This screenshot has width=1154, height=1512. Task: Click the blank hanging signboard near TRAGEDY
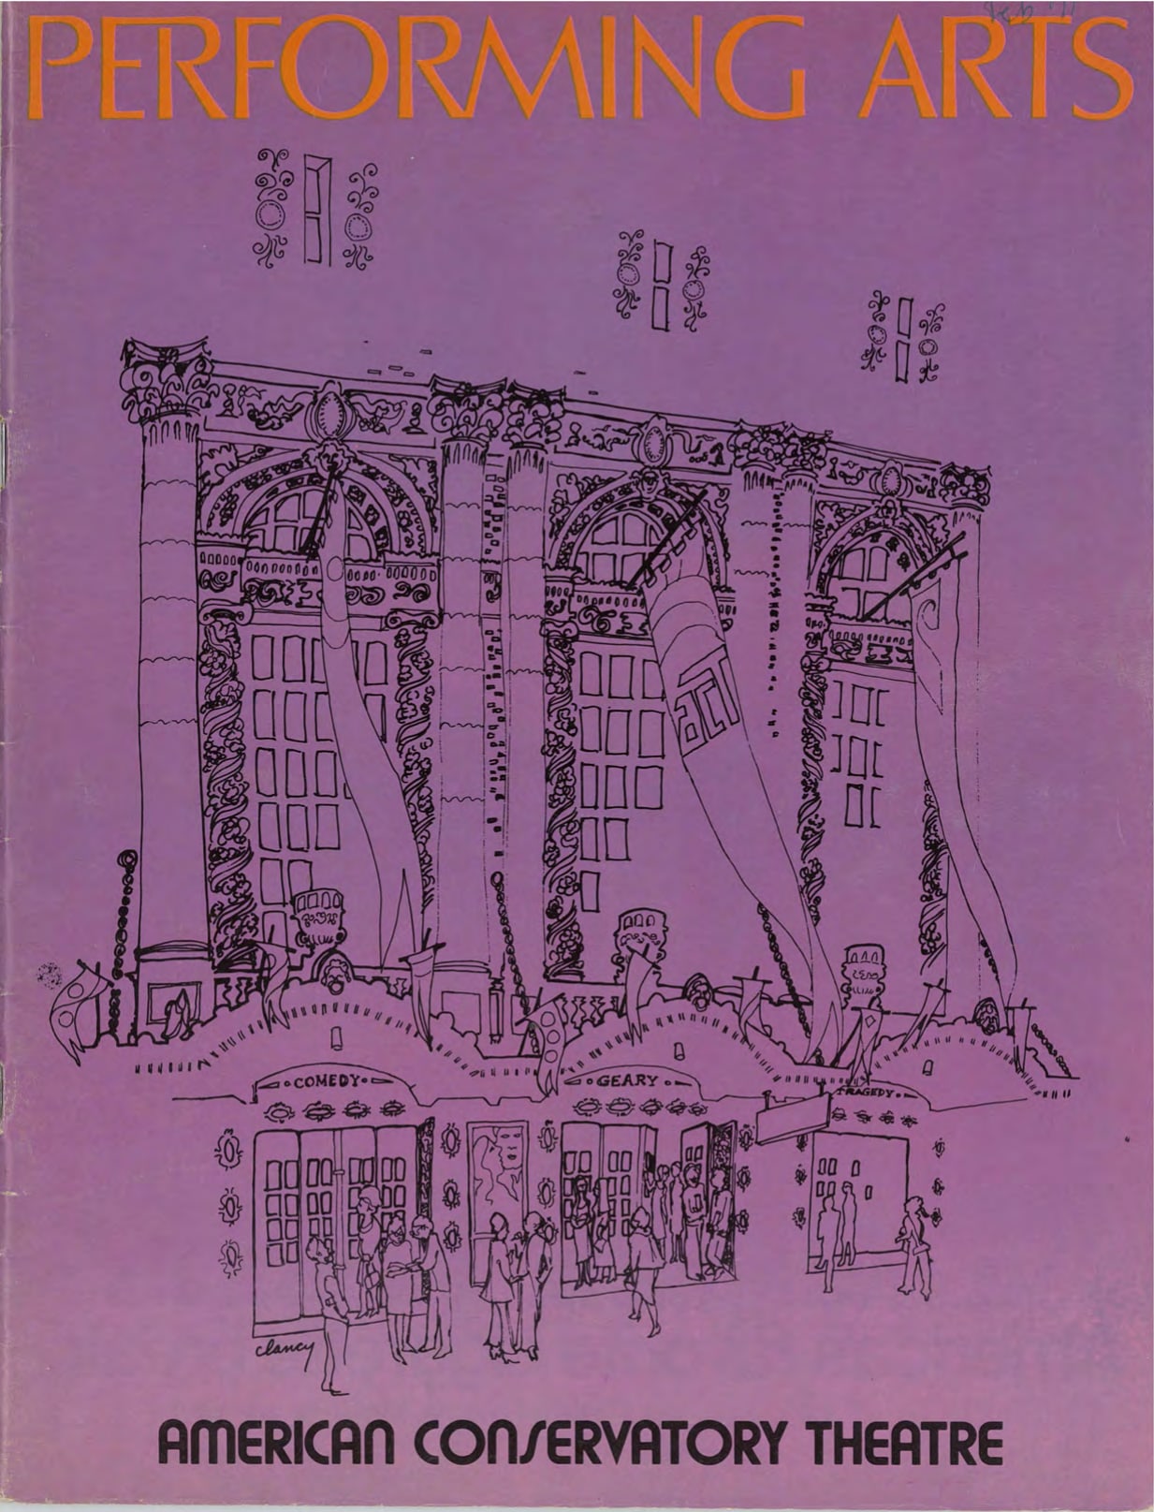tap(793, 1118)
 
